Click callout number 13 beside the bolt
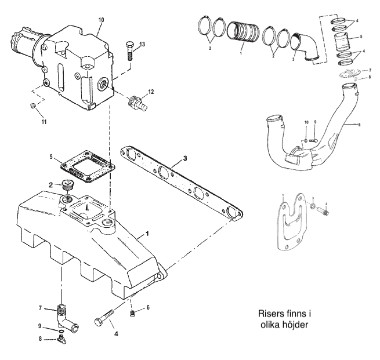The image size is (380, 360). [x=142, y=44]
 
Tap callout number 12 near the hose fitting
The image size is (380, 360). [x=152, y=91]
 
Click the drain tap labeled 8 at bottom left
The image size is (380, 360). [x=61, y=340]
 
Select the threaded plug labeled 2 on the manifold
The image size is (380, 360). [x=68, y=186]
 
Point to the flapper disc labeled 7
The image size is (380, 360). [x=346, y=74]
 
